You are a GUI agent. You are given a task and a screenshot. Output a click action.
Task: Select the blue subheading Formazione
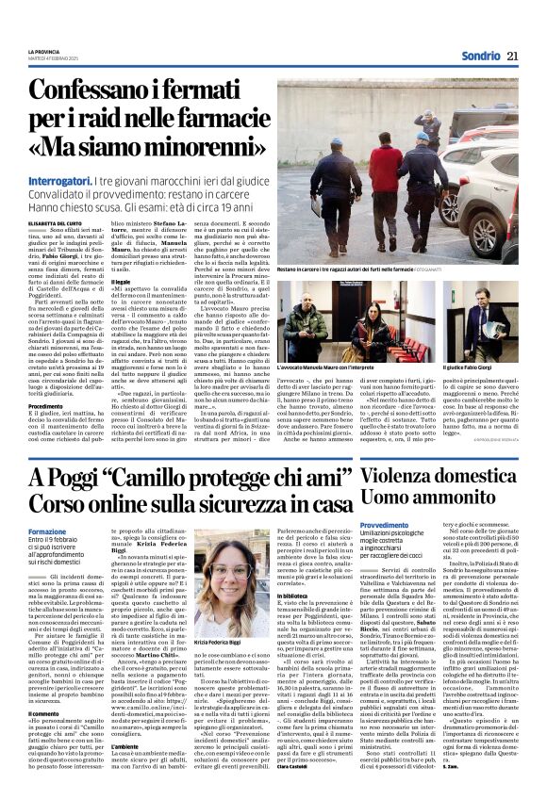[48, 529]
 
